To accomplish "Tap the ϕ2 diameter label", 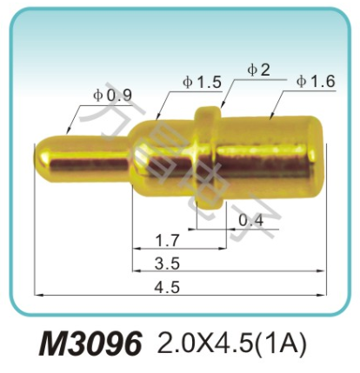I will (258, 70).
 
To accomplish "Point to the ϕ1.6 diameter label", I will (315, 82).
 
